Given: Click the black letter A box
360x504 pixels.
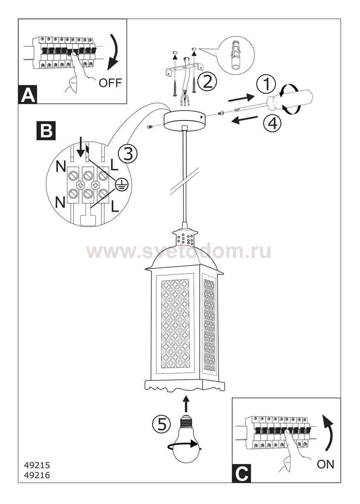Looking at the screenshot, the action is click(x=28, y=94).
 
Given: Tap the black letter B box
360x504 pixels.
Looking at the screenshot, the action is click(x=46, y=131).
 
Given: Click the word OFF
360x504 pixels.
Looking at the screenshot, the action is click(x=111, y=83).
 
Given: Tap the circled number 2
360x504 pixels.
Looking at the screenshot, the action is click(x=207, y=82).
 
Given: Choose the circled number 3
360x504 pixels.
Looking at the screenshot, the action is click(x=127, y=154).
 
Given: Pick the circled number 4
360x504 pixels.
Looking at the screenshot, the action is click(x=273, y=123).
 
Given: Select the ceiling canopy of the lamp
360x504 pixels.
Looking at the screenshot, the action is click(x=184, y=120).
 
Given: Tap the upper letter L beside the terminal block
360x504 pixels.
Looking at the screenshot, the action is click(x=114, y=165).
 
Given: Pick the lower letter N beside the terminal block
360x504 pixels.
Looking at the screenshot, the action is click(x=60, y=202).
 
